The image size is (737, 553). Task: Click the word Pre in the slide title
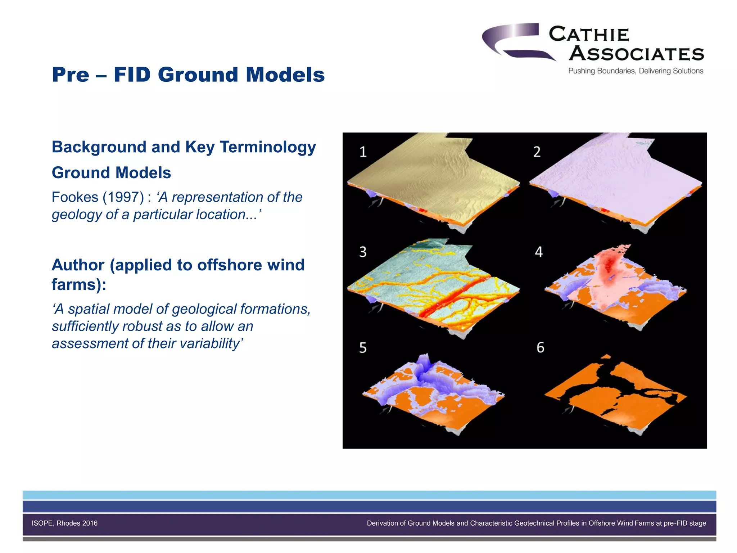[x=71, y=75]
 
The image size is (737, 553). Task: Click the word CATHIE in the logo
[x=589, y=35]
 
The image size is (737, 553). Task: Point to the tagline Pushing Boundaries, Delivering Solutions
[x=636, y=71]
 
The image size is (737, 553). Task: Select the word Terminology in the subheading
[x=268, y=147]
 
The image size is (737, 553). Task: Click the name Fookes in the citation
[x=75, y=197]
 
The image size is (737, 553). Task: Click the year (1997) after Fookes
[x=123, y=197]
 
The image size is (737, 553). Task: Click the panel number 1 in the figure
[x=363, y=152]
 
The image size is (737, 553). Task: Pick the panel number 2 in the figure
[x=537, y=152]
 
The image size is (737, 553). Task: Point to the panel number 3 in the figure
[x=363, y=252]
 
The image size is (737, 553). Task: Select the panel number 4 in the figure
[x=539, y=252]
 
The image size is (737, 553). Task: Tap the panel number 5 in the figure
[x=363, y=348]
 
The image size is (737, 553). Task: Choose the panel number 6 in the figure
[x=540, y=347]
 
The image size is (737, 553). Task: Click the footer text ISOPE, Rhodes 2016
[x=64, y=523]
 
